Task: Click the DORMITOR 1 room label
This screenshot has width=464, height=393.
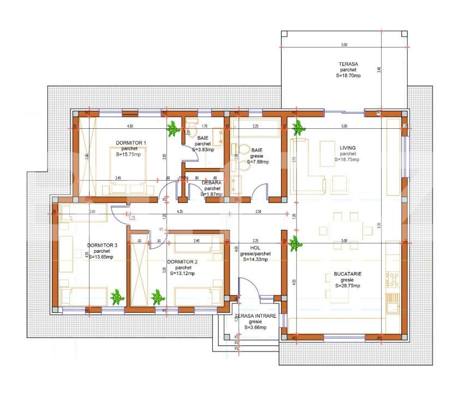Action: (x=131, y=143)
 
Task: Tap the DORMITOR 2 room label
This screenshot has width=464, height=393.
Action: (x=182, y=262)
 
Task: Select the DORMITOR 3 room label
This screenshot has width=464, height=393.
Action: (x=102, y=245)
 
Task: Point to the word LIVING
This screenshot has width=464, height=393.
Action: (x=348, y=147)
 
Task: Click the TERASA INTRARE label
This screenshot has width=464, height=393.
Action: (x=255, y=316)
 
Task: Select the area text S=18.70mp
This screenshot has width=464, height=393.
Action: (x=348, y=76)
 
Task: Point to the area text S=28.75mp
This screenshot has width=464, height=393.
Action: (x=348, y=285)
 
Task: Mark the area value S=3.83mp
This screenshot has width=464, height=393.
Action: (x=203, y=149)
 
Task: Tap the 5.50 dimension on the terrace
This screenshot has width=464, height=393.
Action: (x=344, y=44)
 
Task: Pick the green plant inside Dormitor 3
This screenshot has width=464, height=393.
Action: (x=116, y=297)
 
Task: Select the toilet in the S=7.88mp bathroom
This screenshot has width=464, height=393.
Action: (x=241, y=150)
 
